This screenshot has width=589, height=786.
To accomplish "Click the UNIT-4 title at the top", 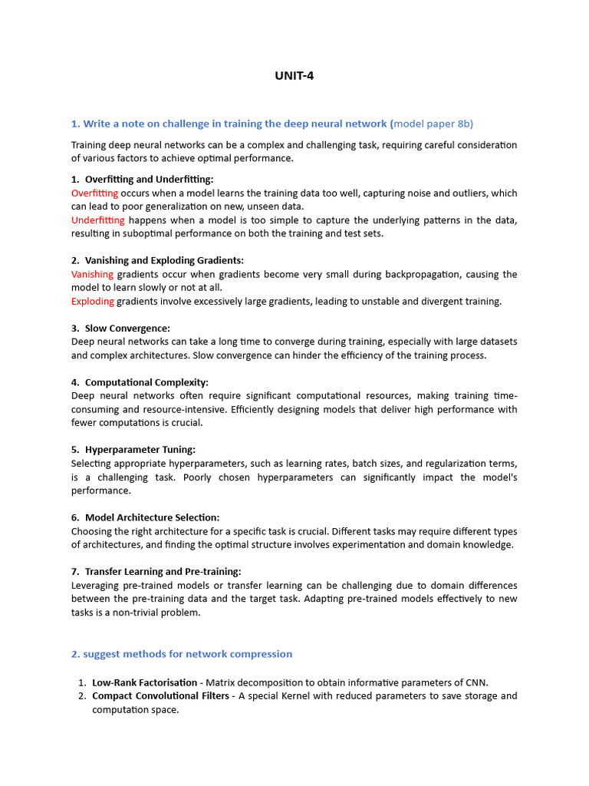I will tap(294, 75).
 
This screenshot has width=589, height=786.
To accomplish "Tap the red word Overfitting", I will tap(94, 193).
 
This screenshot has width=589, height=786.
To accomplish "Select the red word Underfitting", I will tap(97, 220).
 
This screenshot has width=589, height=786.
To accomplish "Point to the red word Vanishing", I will tap(92, 274).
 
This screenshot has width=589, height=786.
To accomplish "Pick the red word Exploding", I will tap(93, 301).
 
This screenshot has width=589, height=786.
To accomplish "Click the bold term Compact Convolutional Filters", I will tap(160, 696).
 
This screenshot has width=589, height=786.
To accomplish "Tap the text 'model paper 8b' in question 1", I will tap(436, 124).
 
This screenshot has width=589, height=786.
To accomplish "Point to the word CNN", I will tap(476, 682).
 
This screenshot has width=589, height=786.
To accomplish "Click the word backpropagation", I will tap(413, 274).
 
